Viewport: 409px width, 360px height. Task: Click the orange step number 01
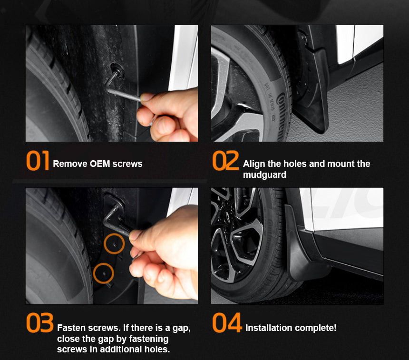(38, 161)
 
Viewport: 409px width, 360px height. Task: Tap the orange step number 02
(225, 161)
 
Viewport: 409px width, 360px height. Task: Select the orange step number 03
(40, 323)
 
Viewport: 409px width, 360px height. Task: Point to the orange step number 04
(227, 323)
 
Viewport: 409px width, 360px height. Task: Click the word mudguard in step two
(264, 175)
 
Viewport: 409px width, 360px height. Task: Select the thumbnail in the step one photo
(145, 97)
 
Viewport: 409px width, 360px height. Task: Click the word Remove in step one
(70, 164)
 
